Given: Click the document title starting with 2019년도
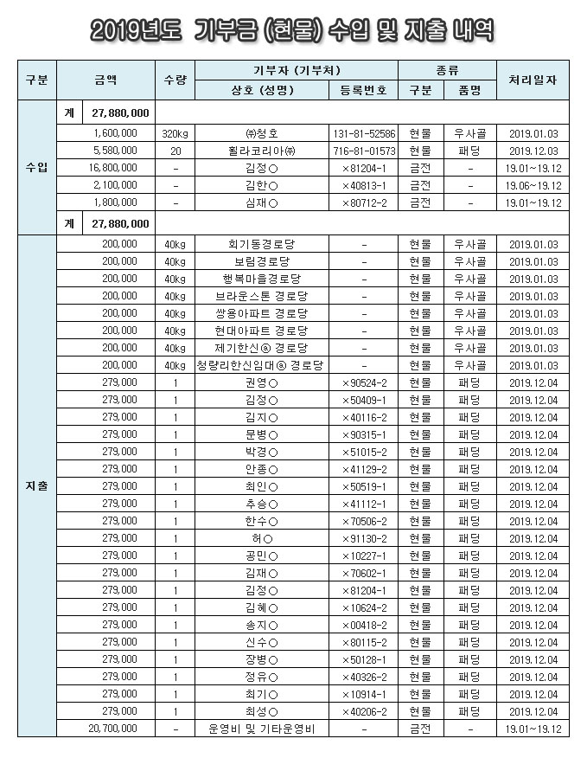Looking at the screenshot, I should point(293,33).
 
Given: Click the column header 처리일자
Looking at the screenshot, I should point(533,80).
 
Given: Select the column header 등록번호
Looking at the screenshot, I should point(364,90).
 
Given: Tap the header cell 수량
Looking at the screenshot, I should point(175,80).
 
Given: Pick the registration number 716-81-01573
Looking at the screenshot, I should point(364,151).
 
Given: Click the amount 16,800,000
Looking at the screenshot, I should point(112,168).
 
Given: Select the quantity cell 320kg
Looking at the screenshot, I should point(175,134).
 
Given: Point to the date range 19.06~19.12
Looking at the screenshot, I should point(533,185).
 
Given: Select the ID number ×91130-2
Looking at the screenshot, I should point(364,538).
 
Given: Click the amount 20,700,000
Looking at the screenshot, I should point(112,729).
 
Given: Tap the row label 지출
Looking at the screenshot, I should point(36,486).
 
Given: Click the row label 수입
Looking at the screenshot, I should point(36,166).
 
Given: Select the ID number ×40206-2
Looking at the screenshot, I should point(364,711).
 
